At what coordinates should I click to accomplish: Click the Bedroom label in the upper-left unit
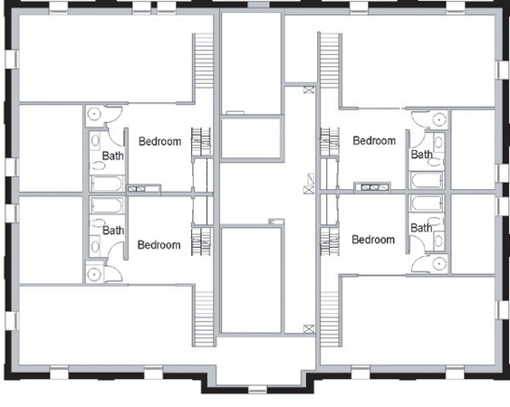point(159,142)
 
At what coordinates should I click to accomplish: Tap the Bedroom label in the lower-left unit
point(159,245)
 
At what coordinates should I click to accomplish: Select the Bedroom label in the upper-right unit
point(374,141)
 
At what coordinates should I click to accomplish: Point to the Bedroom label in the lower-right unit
point(373,240)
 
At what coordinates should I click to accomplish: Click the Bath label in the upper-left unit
point(113,156)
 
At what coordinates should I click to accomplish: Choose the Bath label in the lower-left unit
point(113,231)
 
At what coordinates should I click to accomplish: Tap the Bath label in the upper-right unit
point(421,155)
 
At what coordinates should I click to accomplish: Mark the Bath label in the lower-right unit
point(421,228)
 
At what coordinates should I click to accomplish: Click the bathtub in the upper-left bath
point(107,184)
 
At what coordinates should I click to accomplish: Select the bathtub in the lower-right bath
point(427,203)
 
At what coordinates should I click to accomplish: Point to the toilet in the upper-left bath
point(99,166)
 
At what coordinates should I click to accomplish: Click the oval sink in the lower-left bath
point(95,246)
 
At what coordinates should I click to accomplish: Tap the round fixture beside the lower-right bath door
point(438,263)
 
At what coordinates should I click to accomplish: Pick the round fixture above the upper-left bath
point(94,114)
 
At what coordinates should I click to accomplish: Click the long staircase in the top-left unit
point(204,62)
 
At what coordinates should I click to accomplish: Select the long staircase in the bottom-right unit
point(330,318)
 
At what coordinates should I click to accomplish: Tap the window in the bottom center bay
point(257,389)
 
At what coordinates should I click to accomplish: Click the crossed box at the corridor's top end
point(309,90)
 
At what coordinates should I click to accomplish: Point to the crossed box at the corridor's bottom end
point(309,328)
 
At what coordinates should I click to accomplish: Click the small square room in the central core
point(251,138)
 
